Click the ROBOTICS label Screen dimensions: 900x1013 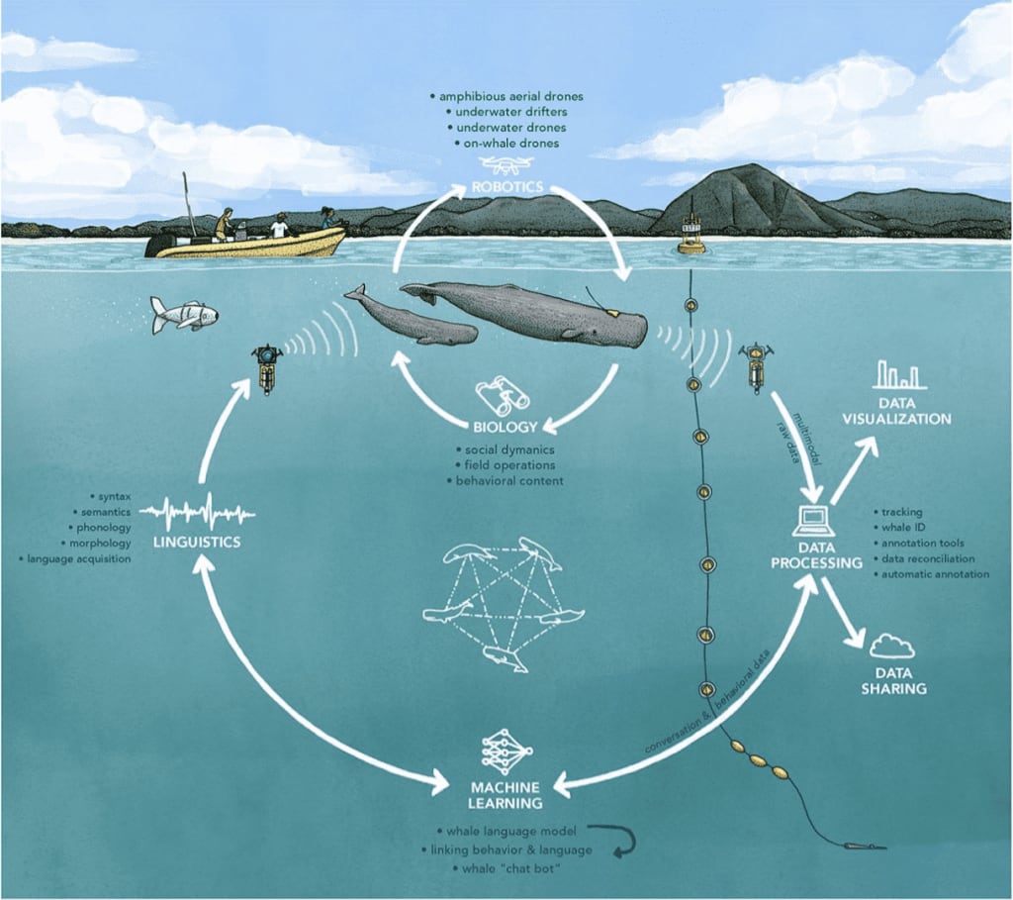click(x=506, y=186)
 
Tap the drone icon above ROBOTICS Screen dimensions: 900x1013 click(x=506, y=164)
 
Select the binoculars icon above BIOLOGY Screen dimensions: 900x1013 click(x=503, y=397)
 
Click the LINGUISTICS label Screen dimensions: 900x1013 click(x=198, y=543)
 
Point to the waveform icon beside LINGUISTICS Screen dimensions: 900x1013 click(x=198, y=514)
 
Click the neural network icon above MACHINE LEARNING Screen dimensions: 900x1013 click(x=506, y=751)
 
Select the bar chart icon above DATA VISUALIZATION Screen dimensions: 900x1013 click(x=897, y=375)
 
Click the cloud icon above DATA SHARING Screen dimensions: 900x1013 click(x=892, y=647)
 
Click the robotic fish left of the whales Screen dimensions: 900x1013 click(x=184, y=315)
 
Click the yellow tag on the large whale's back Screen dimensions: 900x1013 click(x=611, y=310)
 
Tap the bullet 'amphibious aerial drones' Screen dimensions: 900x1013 click(x=506, y=96)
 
